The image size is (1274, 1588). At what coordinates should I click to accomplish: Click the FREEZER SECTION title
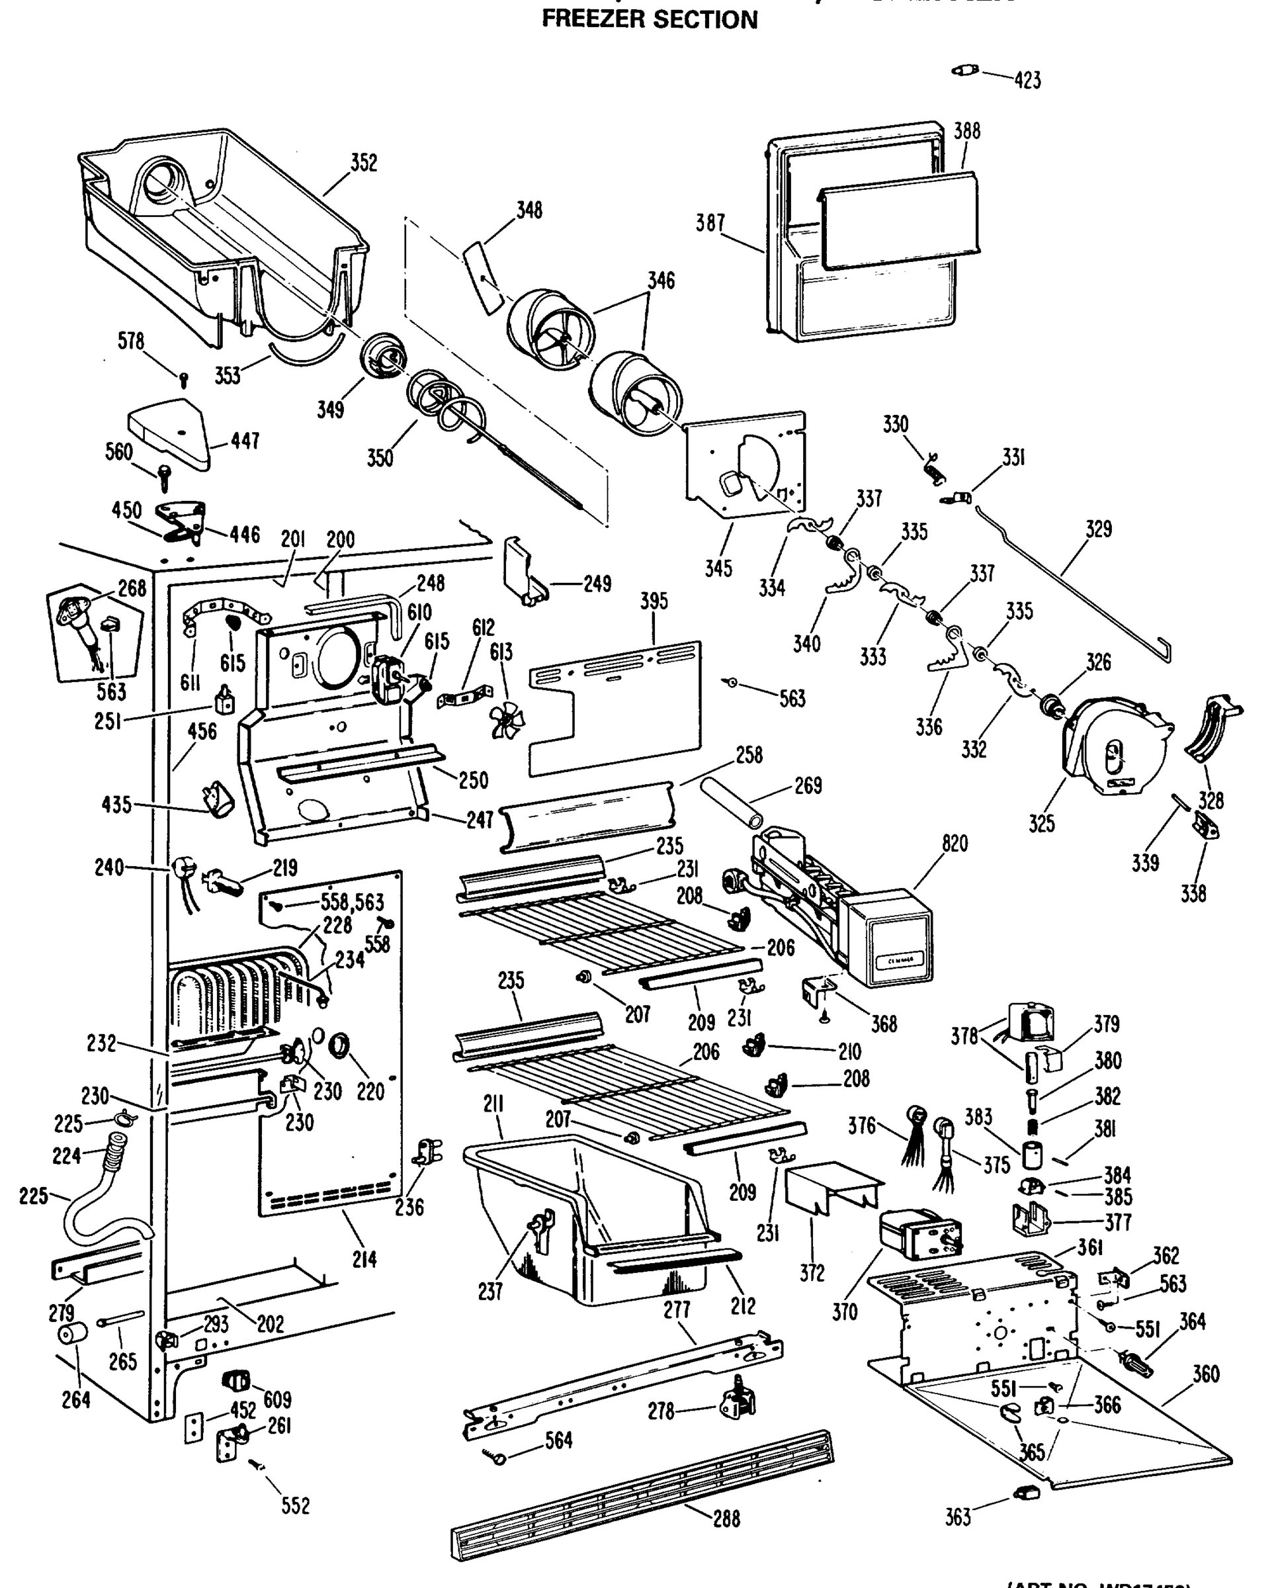(650, 19)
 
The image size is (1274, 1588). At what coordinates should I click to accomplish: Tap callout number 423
(1027, 79)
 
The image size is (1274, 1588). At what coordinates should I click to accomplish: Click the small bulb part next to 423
(964, 71)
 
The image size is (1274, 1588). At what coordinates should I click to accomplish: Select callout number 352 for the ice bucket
(364, 163)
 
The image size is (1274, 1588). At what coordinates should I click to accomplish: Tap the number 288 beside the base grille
(726, 1517)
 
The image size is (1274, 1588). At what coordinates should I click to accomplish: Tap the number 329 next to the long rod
(1098, 529)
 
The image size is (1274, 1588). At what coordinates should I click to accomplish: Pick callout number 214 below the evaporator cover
(364, 1260)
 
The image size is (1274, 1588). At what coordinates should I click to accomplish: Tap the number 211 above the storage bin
(493, 1104)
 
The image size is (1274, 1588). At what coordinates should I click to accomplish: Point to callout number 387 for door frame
(710, 223)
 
